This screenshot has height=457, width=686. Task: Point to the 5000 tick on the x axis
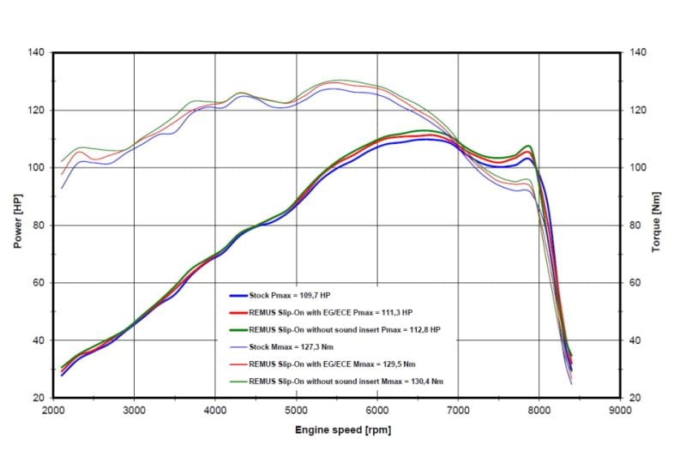click(296, 411)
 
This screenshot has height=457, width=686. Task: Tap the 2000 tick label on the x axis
click(53, 411)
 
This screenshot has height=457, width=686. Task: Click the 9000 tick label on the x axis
click(619, 411)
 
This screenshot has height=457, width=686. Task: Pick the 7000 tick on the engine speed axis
click(458, 411)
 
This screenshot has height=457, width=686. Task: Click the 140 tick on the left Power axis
click(39, 53)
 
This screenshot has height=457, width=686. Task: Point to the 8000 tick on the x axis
click(539, 411)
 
